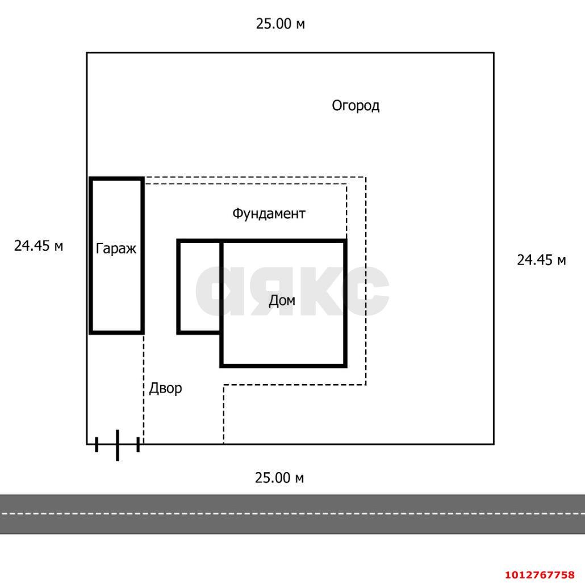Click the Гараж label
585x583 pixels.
click(x=116, y=249)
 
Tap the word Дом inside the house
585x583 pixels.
click(x=282, y=300)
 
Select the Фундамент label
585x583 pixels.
click(x=269, y=214)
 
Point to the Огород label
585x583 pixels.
click(x=356, y=106)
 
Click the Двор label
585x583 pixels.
click(x=165, y=388)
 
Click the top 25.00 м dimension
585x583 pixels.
click(x=280, y=24)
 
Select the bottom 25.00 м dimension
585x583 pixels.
click(x=279, y=478)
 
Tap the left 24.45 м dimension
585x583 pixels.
click(x=39, y=246)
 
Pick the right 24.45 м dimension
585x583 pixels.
click(x=541, y=260)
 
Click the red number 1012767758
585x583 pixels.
click(x=540, y=574)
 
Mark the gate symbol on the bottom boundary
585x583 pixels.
click(x=117, y=444)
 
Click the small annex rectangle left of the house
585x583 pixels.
click(x=199, y=286)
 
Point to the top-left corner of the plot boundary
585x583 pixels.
click(x=87, y=53)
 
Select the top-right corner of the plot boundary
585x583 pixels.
click(x=493, y=53)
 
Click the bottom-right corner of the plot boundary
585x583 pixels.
click(x=493, y=444)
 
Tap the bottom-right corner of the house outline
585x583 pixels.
click(x=345, y=365)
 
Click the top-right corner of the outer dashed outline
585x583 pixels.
click(x=365, y=177)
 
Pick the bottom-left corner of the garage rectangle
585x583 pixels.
click(x=91, y=332)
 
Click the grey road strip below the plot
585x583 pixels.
click(x=292, y=514)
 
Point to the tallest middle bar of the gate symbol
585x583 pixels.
click(x=117, y=445)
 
